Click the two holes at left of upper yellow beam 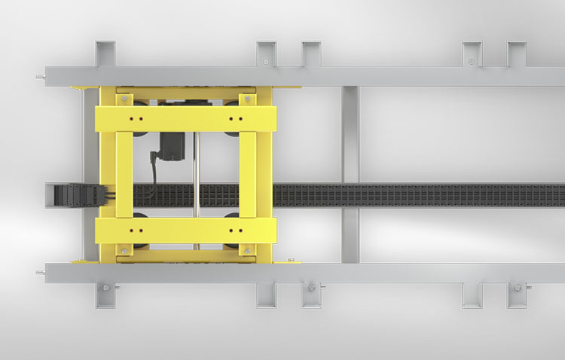pyautogui.click(x=136, y=118)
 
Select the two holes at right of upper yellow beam pyautogui.click(x=237, y=118)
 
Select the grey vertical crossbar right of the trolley pyautogui.click(x=350, y=173)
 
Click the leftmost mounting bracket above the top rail pyautogui.click(x=105, y=54)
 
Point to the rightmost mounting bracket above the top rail pyautogui.click(x=518, y=54)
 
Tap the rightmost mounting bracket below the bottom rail pyautogui.click(x=518, y=295)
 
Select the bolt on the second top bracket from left pyautogui.click(x=265, y=60)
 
